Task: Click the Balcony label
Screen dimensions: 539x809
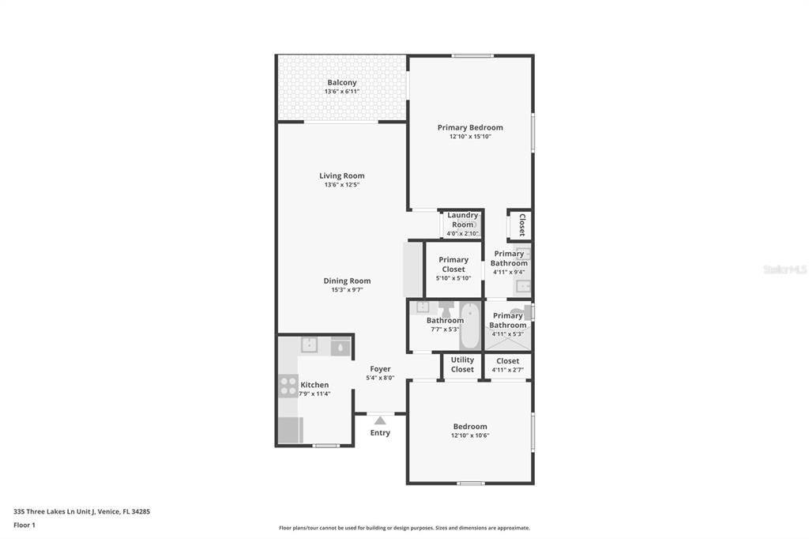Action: coord(342,82)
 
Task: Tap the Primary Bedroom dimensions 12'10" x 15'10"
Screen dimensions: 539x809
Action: coord(470,137)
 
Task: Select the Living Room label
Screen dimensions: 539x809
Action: coord(342,175)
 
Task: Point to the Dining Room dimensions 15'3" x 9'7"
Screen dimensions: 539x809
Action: coord(347,290)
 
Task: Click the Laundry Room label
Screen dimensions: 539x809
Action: coord(463,220)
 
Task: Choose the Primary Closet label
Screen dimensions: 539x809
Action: coord(453,264)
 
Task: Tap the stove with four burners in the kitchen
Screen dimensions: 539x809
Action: coord(288,385)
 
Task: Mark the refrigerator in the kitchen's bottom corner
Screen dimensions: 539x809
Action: coord(290,430)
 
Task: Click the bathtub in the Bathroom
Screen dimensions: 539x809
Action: coord(470,326)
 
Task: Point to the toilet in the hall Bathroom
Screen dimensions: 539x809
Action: coord(445,309)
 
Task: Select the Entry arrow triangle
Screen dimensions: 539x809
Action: coord(380,420)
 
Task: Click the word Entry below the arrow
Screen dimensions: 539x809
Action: coord(380,433)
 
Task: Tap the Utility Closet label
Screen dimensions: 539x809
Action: coord(462,364)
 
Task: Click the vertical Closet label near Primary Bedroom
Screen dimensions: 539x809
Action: coord(521,224)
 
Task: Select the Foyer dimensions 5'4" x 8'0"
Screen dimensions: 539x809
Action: coord(380,378)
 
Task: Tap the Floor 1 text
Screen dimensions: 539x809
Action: coord(24,525)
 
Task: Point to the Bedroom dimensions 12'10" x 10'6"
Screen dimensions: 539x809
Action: coord(470,435)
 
